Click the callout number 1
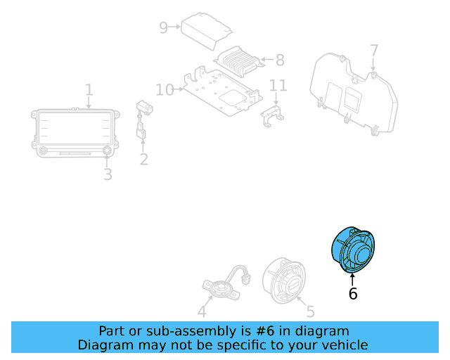(x=89, y=90)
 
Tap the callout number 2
(x=143, y=160)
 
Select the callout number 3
(x=108, y=174)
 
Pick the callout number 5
(x=310, y=310)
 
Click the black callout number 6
(x=353, y=294)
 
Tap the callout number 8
(x=280, y=60)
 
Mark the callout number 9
(x=163, y=27)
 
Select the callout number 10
(x=165, y=90)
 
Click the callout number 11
(x=279, y=86)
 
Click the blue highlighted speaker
(x=354, y=250)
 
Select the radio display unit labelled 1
(x=72, y=128)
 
